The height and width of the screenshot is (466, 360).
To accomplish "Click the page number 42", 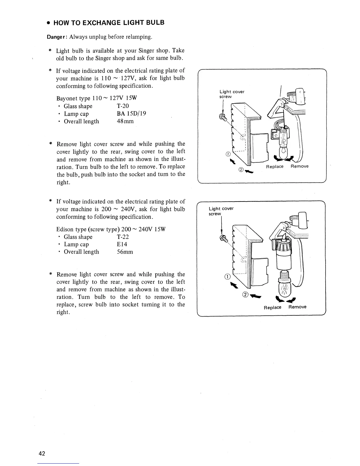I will click(x=41, y=453).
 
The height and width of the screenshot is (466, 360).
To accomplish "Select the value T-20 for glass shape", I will click(x=123, y=106).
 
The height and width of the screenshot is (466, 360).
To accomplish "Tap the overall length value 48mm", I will click(x=125, y=122).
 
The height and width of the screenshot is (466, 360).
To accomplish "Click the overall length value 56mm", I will click(x=125, y=252).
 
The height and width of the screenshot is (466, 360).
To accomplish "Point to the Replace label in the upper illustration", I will click(x=275, y=167).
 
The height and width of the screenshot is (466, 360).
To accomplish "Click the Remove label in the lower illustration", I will click(x=297, y=307).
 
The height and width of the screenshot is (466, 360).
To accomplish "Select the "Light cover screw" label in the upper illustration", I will click(x=232, y=94).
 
